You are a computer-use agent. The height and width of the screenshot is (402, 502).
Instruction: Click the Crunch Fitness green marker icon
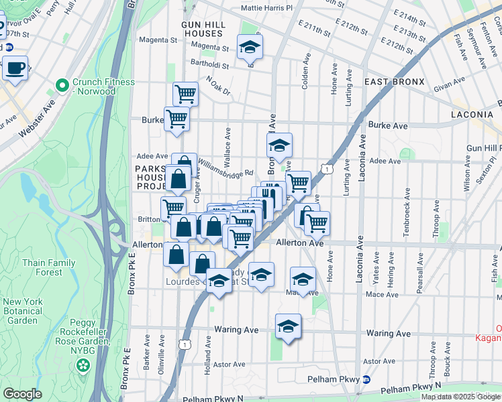pos(62,86)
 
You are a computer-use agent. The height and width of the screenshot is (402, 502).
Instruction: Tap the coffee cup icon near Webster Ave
pos(15,67)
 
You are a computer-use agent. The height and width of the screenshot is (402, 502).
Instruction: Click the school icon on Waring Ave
pos(288,326)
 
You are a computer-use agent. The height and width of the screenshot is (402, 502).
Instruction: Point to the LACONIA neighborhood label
pos(472,115)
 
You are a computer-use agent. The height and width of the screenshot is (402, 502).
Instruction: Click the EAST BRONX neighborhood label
pos(394,82)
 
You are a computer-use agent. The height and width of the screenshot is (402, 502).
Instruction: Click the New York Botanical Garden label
pos(23,311)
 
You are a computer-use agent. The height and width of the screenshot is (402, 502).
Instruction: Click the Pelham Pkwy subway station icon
pos(366,379)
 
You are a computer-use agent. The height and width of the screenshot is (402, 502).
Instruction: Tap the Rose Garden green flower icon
pos(83,366)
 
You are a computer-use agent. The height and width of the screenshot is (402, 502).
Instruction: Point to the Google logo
pos(22,395)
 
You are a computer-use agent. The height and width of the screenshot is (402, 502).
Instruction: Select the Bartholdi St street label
pos(209,66)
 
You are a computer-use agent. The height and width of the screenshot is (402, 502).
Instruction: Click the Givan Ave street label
pos(449,84)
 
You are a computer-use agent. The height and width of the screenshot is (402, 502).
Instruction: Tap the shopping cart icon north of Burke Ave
pos(185,94)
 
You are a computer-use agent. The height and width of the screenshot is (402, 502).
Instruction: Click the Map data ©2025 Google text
pos(461,397)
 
